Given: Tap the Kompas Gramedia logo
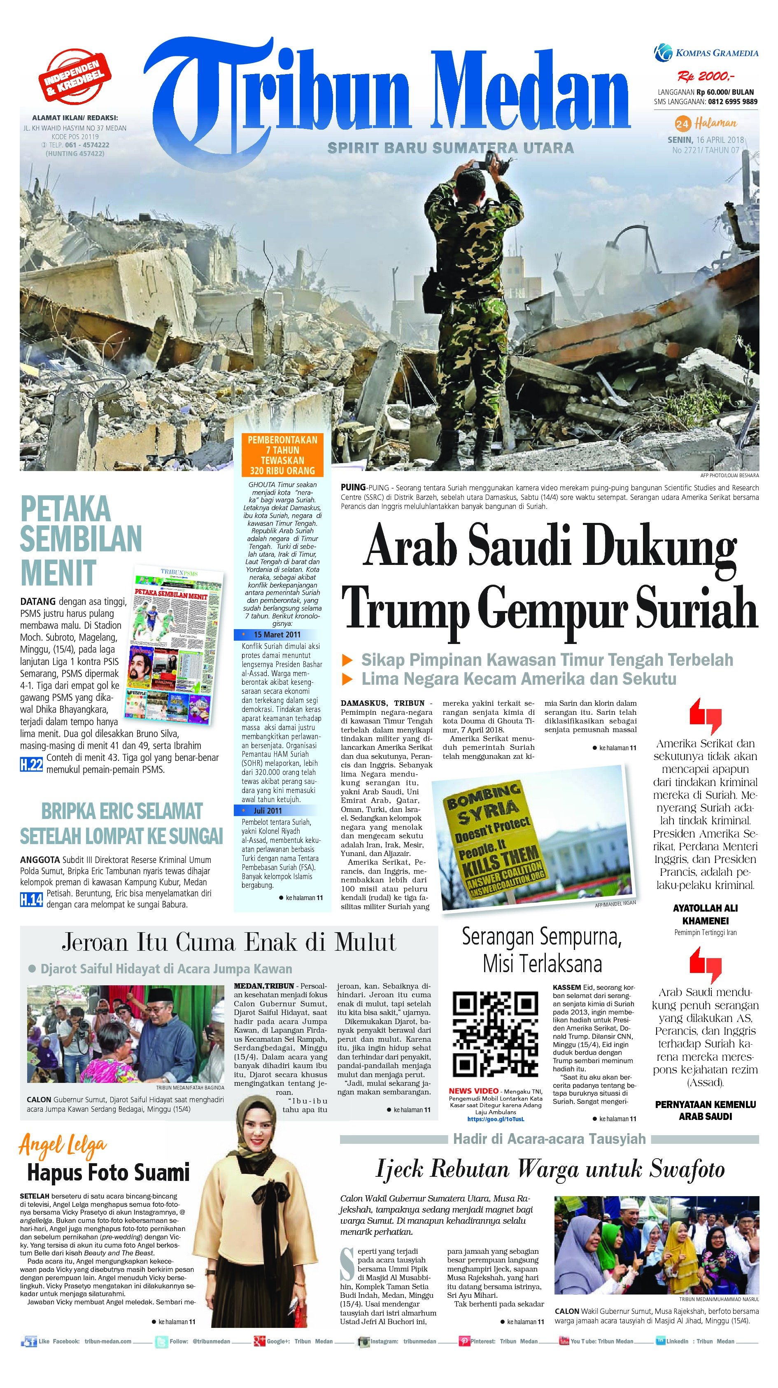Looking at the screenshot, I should pos(706,52).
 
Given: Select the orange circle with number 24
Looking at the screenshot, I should pos(682,124).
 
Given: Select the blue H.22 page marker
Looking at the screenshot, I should pos(31,764).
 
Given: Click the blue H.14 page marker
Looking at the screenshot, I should pos(31,899).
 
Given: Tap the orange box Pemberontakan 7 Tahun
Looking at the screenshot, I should pos(282,455).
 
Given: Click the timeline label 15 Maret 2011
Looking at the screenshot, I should pos(277,634).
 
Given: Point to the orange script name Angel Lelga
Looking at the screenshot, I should pos(63,1145).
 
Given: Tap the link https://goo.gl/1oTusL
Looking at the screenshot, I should pos(495,1119).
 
